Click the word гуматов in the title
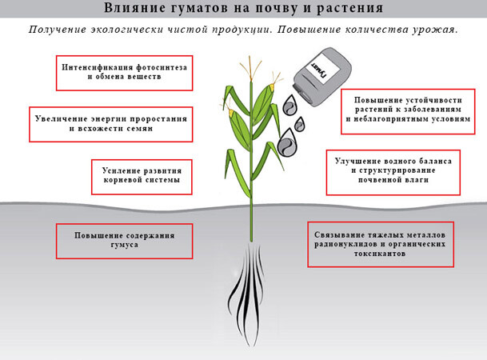[199, 8]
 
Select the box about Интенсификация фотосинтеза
[124, 73]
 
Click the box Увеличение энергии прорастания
[111, 124]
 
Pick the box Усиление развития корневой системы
[142, 177]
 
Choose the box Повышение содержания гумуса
[124, 241]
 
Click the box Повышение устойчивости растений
[408, 111]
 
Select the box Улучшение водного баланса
[393, 172]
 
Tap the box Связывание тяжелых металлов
[381, 244]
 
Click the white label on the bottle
[323, 69]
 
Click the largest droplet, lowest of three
[287, 142]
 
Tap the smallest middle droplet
[300, 124]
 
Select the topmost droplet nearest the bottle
[290, 105]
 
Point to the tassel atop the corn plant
[250, 68]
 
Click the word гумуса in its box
[124, 245]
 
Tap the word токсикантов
[380, 254]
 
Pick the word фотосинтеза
[162, 67]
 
